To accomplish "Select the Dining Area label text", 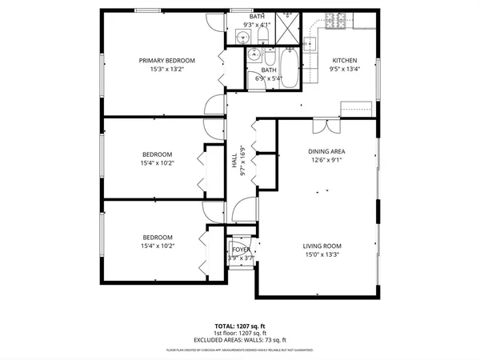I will point(326,150).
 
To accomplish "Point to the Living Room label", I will point(322,246).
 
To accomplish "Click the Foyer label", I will point(241,250).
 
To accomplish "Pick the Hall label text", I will point(235,161).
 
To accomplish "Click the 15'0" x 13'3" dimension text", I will point(322,256).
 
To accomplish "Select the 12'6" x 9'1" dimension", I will point(326,160).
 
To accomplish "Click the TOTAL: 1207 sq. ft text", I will point(240,326).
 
